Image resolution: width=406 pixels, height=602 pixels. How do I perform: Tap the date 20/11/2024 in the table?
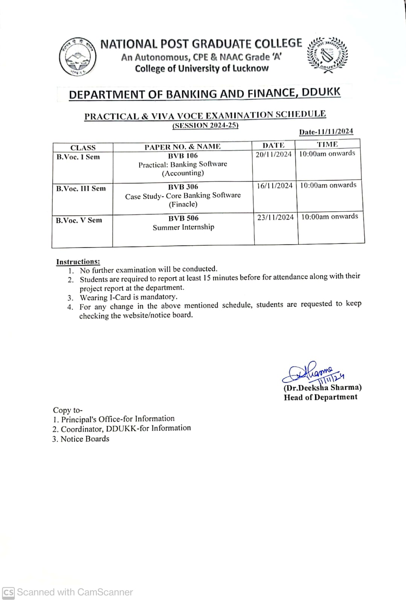273,154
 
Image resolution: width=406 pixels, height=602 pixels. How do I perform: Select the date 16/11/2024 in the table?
275,185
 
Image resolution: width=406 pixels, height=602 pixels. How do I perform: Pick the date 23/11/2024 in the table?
275,217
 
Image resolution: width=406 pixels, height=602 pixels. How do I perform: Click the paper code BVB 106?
183,155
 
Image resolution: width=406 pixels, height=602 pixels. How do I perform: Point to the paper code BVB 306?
183,187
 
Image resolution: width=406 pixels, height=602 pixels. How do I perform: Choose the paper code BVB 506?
183,218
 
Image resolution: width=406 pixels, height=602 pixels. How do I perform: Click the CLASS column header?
83,147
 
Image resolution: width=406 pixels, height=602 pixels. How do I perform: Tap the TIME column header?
327,144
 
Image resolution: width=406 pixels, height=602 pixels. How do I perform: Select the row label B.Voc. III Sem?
81,188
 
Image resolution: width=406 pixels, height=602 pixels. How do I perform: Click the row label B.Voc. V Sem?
79,220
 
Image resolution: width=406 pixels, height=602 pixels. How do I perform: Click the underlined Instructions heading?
78,262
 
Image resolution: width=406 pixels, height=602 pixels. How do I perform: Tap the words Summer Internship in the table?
183,227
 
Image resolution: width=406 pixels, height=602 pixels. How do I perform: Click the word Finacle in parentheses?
183,204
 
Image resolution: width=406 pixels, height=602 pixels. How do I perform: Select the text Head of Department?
321,397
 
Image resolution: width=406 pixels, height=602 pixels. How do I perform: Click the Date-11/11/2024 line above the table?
326,132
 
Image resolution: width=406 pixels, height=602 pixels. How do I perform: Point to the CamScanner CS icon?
8,593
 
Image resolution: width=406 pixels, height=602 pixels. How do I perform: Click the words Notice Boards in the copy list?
85,439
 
